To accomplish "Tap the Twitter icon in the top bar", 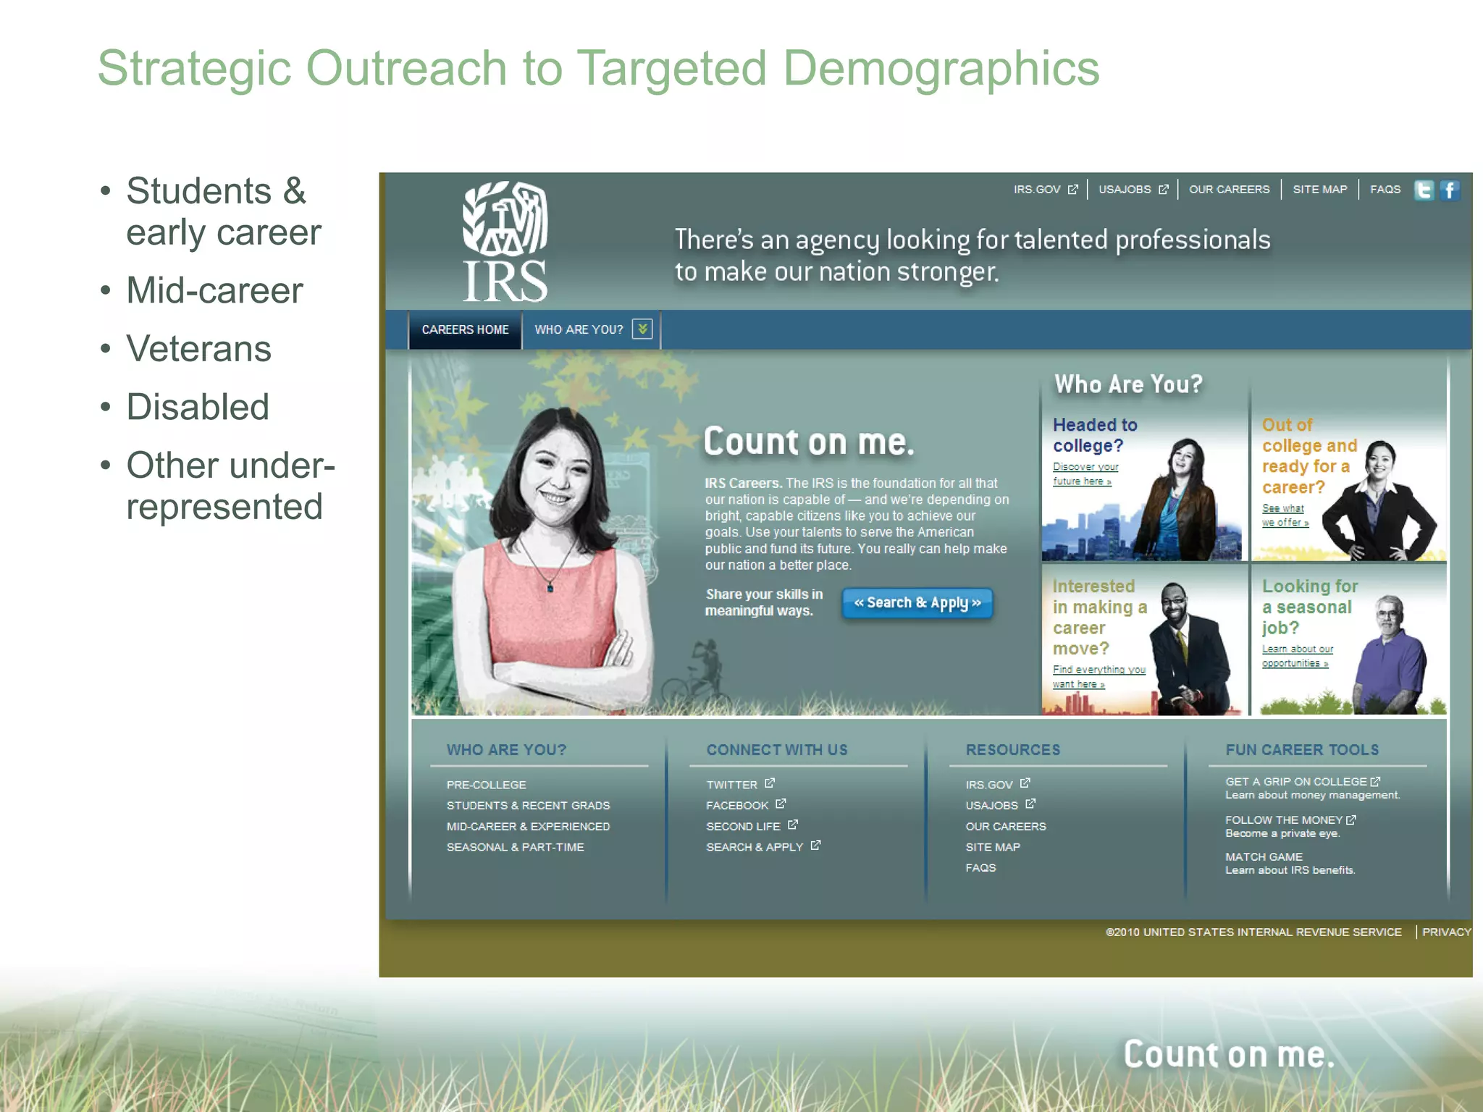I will [x=1424, y=190].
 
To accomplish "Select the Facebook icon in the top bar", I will [x=1450, y=190].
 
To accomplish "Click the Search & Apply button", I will [x=917, y=603].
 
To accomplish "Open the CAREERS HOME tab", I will [x=465, y=330].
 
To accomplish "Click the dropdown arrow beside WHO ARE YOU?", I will [x=642, y=329].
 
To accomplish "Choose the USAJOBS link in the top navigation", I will [x=1125, y=190].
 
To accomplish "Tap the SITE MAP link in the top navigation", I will [x=1319, y=190].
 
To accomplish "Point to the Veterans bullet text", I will [x=198, y=349].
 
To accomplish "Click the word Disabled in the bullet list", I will [x=198, y=407].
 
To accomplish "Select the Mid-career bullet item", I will [x=214, y=291].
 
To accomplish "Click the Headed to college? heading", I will [x=1094, y=435].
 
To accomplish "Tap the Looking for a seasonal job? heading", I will [x=1309, y=607].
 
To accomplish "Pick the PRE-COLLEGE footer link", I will [x=486, y=785].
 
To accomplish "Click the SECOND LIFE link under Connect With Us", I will [x=743, y=827].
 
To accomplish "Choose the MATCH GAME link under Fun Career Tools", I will [x=1264, y=857].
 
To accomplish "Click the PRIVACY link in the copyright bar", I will [x=1446, y=932].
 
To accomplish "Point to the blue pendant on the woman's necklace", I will [x=550, y=588].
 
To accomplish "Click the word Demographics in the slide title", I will [x=941, y=69].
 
